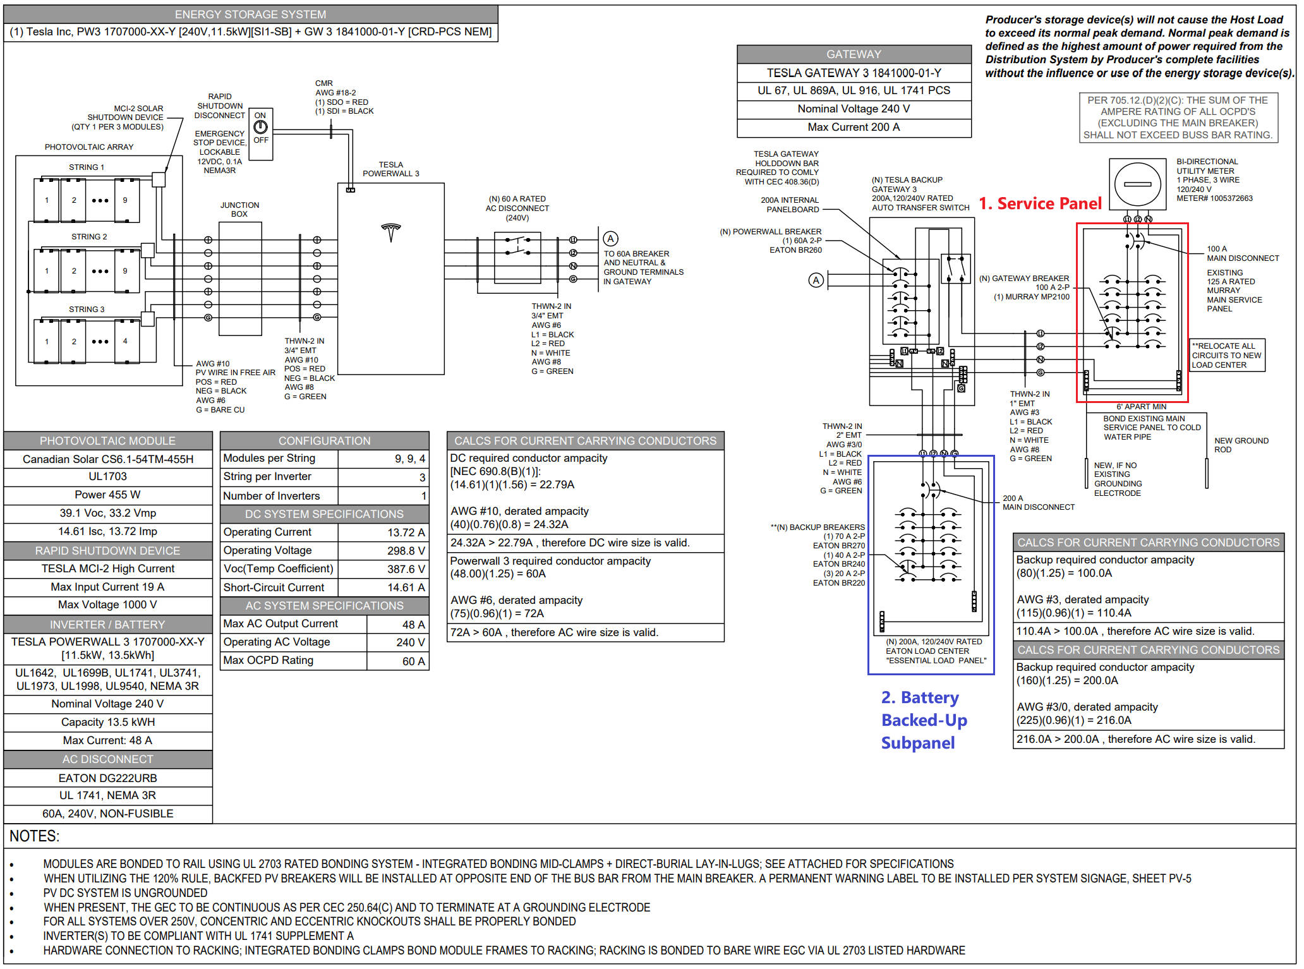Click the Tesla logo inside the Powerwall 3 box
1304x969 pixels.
coord(391,232)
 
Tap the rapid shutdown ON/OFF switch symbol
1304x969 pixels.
coord(260,127)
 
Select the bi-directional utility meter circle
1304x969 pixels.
coord(1137,184)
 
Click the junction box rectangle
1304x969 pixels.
coord(240,278)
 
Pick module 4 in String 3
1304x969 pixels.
coord(126,341)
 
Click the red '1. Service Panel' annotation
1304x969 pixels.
coord(1040,203)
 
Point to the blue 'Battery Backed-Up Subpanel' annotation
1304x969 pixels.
coord(924,720)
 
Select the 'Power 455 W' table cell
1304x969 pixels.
coord(108,495)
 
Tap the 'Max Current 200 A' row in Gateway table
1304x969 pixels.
coord(854,128)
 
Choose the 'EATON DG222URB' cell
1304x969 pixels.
coord(108,778)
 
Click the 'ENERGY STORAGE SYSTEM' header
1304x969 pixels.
coord(251,15)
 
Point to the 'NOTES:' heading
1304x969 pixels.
coord(35,836)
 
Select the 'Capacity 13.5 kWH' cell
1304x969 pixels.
coord(108,722)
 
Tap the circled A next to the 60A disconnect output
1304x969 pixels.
coord(610,239)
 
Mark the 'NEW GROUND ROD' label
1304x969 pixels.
coord(1241,445)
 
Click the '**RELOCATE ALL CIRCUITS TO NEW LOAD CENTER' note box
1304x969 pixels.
coord(1226,355)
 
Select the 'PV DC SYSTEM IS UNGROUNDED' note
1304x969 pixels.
coord(125,893)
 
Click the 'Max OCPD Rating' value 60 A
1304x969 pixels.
coord(413,661)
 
